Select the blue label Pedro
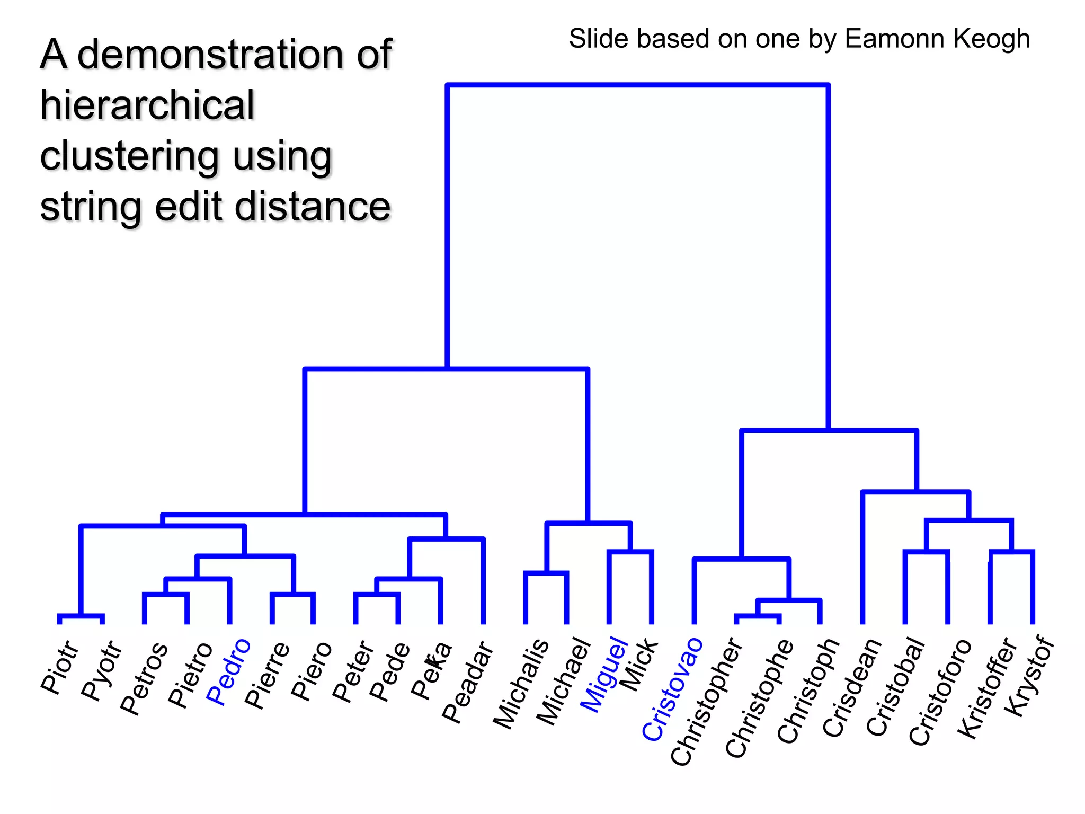click(228, 672)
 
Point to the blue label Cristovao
click(672, 689)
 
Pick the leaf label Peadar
click(468, 683)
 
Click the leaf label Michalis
click(521, 684)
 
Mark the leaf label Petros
click(144, 679)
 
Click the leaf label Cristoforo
click(940, 692)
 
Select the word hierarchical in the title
click(148, 105)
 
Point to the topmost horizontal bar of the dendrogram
click(637, 85)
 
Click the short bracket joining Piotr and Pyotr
click(81, 616)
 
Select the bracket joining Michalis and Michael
click(546, 573)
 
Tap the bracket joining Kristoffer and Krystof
click(1011, 552)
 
